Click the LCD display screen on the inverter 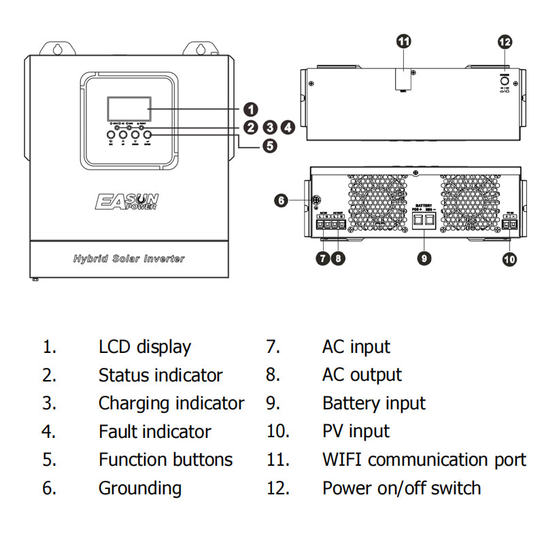129,108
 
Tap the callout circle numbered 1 251,109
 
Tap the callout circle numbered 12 505,42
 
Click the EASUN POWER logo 127,201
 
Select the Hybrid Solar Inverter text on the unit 129,259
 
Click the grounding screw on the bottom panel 315,200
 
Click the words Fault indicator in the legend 154,432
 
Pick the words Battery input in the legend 373,403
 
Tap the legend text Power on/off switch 401,488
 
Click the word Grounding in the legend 139,488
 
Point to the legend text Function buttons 165,460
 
